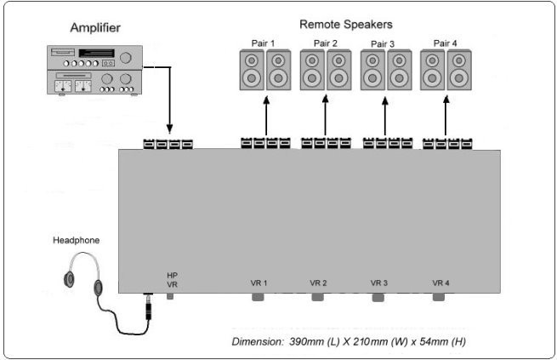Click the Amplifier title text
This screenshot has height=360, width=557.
pyautogui.click(x=95, y=28)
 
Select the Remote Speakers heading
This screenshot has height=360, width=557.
pyautogui.click(x=346, y=25)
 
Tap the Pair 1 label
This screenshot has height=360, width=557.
pyautogui.click(x=263, y=43)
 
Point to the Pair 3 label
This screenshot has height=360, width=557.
pyautogui.click(x=383, y=44)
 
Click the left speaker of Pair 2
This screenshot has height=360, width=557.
pyautogui.click(x=312, y=70)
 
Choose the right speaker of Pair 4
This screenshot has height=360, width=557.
pyautogui.click(x=459, y=70)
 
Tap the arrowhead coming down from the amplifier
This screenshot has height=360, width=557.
pyautogui.click(x=169, y=129)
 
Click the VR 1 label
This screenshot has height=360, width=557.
pyautogui.click(x=259, y=283)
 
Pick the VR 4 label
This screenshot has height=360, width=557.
pyautogui.click(x=440, y=283)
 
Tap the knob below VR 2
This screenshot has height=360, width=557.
pyautogui.click(x=317, y=297)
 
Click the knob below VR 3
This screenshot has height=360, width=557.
pyautogui.click(x=378, y=298)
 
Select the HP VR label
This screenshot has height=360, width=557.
pyautogui.click(x=173, y=280)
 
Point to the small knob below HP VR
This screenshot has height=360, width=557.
pyautogui.click(x=170, y=295)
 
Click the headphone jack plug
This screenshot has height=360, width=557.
pyautogui.click(x=149, y=307)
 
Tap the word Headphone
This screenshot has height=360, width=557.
pyautogui.click(x=76, y=241)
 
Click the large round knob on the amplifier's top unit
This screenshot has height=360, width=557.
pyautogui.click(x=125, y=58)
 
